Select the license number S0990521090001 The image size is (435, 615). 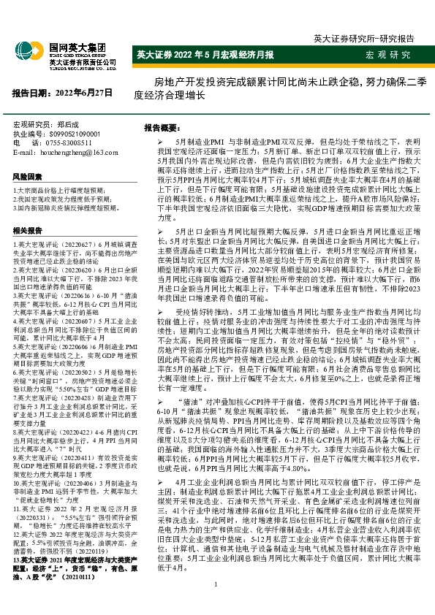point(81,134)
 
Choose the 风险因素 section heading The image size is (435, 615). point(27,177)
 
